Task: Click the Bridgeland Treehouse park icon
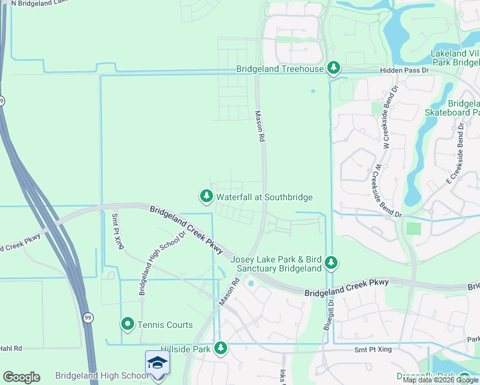point(333,67)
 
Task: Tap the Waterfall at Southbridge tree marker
point(205,196)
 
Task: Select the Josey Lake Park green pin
point(331,262)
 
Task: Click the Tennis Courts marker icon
point(128,324)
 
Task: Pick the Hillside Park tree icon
point(221,348)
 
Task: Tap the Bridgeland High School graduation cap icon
point(157,363)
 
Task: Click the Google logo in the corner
point(21,377)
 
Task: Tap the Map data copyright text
point(440,380)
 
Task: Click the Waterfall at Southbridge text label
point(264,197)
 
